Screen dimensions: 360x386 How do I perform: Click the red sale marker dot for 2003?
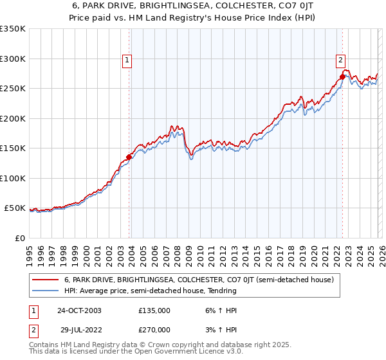(x=129, y=156)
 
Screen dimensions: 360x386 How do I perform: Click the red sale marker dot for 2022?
(x=342, y=76)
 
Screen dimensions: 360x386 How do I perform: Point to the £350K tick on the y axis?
(x=13, y=29)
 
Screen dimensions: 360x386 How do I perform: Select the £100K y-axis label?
(x=13, y=178)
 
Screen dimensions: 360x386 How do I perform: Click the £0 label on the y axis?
(x=19, y=238)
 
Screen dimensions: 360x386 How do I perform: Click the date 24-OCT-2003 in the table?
(x=78, y=310)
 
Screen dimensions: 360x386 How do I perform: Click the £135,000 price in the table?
(x=154, y=310)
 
